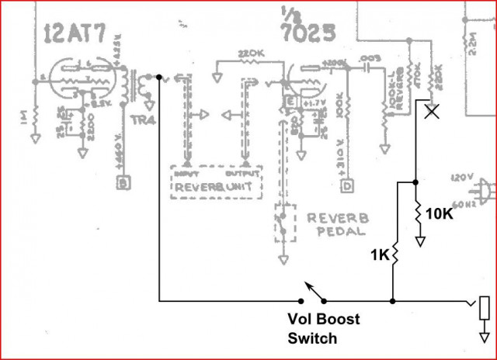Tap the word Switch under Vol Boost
coord(312,337)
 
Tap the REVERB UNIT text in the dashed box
coord(215,188)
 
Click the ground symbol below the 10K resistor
coord(420,241)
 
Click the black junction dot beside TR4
coord(159,78)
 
